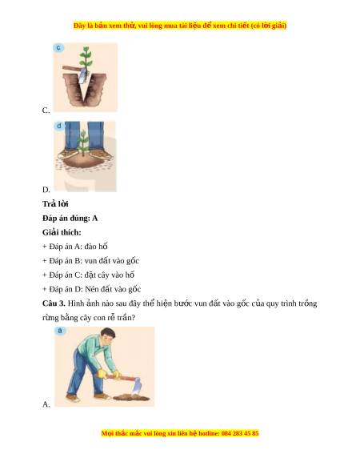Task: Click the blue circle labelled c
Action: pyautogui.click(x=58, y=47)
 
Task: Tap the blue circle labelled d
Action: pyautogui.click(x=59, y=126)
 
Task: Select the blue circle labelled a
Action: pyautogui.click(x=60, y=331)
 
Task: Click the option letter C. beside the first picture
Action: pyautogui.click(x=46, y=110)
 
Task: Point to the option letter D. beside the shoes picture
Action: pyautogui.click(x=46, y=190)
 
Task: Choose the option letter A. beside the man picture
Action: pyautogui.click(x=46, y=404)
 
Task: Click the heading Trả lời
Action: pyautogui.click(x=55, y=204)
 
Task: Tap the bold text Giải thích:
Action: pyautogui.click(x=62, y=232)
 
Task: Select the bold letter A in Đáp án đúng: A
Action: pyautogui.click(x=94, y=218)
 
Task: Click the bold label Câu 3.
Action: pyautogui.click(x=54, y=303)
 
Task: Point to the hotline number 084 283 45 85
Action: pyautogui.click(x=240, y=433)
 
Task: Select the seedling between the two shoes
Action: pyautogui.click(x=83, y=142)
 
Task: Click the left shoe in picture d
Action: pyautogui.click(x=68, y=154)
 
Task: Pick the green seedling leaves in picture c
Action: pyautogui.click(x=86, y=57)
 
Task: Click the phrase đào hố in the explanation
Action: pyautogui.click(x=96, y=247)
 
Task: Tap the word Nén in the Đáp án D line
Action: pyautogui.click(x=91, y=289)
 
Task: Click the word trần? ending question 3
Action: pyautogui.click(x=126, y=318)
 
